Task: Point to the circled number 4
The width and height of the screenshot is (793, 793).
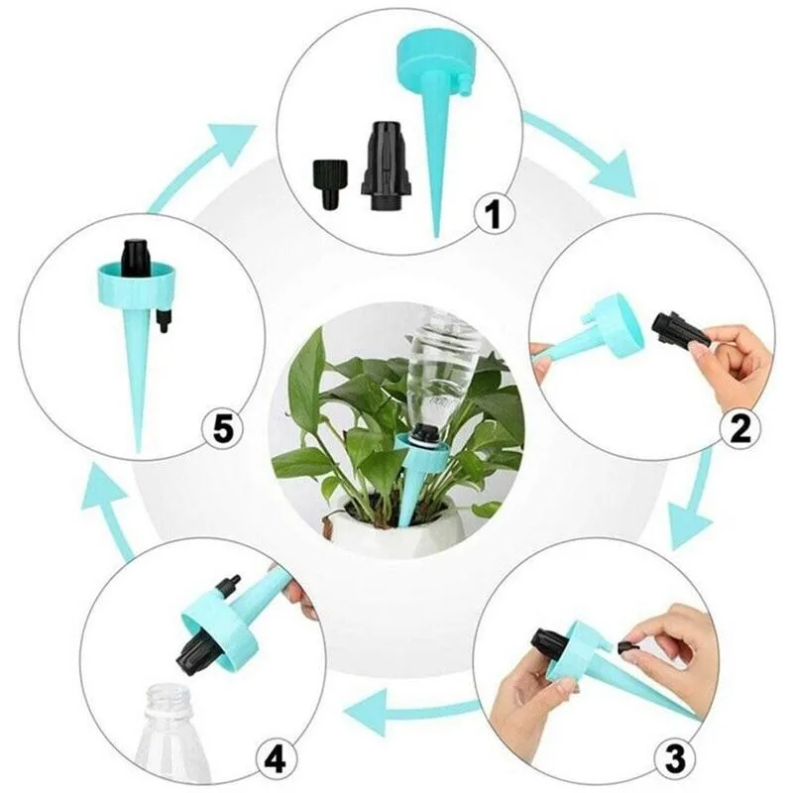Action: (276, 760)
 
